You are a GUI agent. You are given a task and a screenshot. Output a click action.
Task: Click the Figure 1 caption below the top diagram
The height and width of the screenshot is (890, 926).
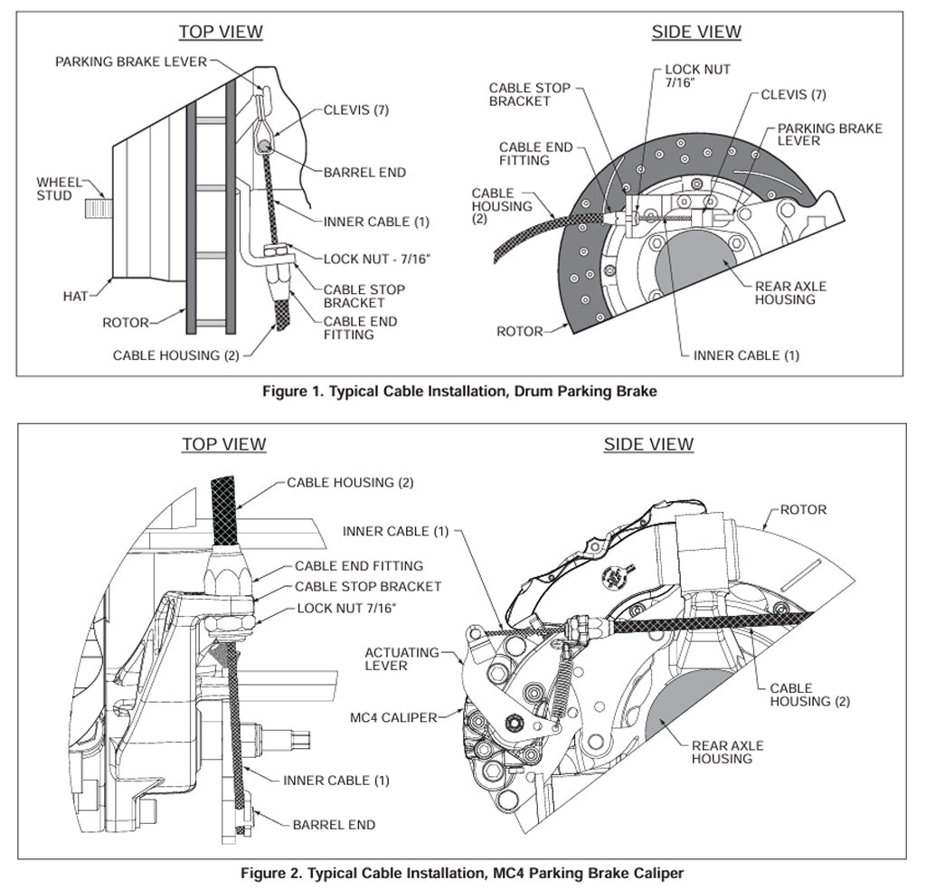coord(459,392)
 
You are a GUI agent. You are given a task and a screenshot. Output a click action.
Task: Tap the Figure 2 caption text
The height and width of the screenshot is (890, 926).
coord(462,873)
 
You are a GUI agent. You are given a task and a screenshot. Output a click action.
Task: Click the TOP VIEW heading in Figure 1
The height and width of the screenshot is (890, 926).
coord(221,32)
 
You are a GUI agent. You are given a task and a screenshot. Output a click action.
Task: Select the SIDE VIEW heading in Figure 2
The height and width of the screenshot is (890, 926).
coord(648,444)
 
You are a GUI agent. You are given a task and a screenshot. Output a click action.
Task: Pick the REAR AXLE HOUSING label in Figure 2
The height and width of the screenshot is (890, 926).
coord(727,752)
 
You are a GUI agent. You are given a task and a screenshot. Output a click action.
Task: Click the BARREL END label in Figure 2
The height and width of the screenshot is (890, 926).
coord(334,825)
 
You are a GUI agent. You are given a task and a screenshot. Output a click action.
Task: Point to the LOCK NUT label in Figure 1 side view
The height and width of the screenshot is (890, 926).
coord(697,75)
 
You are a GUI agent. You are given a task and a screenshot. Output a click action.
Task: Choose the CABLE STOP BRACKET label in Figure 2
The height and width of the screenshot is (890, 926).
coord(368,586)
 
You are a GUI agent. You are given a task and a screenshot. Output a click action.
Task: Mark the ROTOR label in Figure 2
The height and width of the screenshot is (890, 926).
coord(803,509)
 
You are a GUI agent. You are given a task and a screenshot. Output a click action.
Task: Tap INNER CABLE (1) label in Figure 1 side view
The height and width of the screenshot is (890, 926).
coord(746,355)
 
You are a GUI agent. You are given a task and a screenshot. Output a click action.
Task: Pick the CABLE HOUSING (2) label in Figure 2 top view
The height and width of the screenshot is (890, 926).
coord(350,482)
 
